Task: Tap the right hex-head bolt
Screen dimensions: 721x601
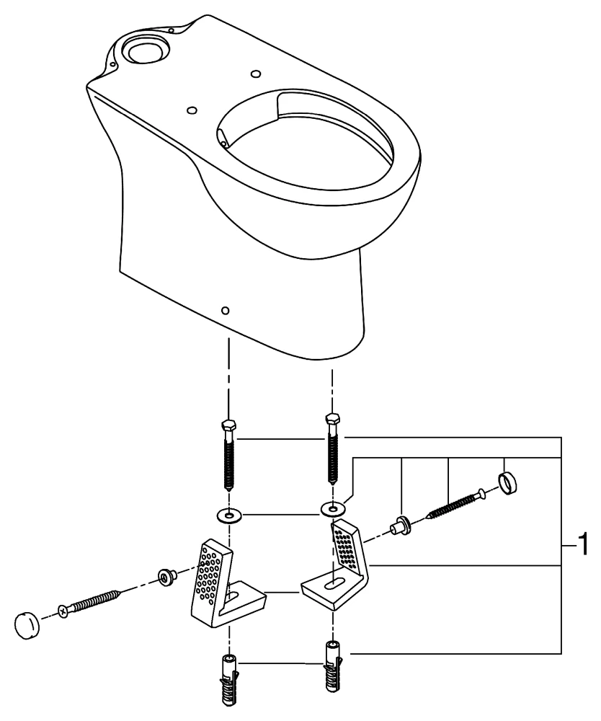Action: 331,447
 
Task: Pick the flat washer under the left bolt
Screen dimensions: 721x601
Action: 228,516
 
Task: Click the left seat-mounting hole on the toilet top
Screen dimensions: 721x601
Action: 191,110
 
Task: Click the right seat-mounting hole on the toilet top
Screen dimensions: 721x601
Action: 255,74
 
